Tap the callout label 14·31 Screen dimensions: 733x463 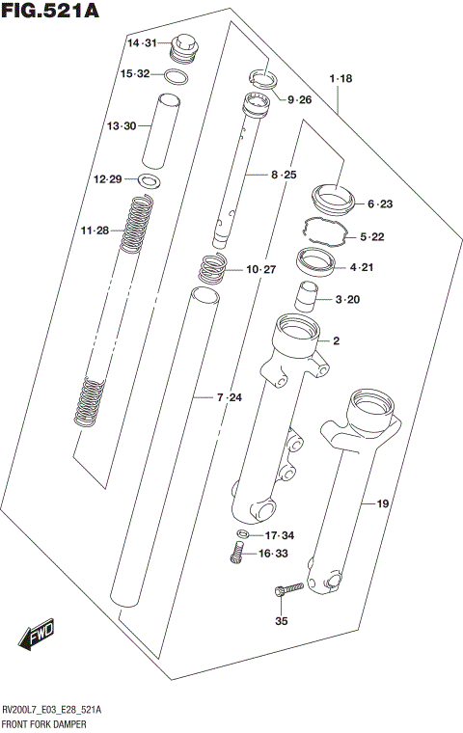142,44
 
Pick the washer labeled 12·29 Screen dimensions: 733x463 150,179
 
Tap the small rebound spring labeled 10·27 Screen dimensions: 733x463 211,269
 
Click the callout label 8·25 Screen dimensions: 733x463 283,175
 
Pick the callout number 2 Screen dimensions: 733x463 337,340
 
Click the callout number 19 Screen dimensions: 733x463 382,502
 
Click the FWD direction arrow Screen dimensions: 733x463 35,637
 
